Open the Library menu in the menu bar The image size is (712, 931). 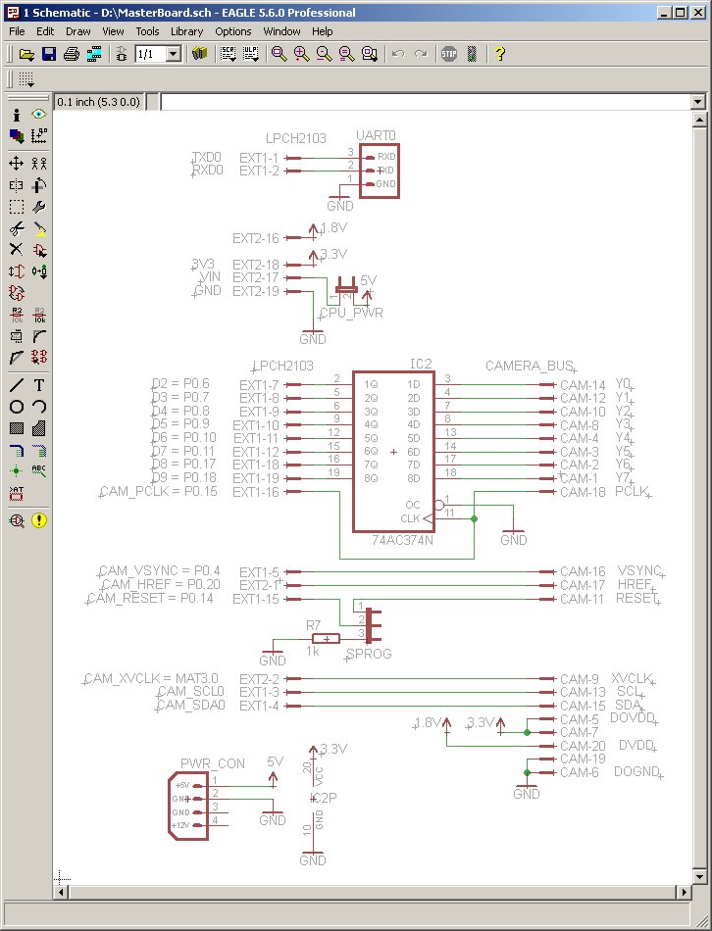tap(186, 31)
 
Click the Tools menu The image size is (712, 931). tap(147, 31)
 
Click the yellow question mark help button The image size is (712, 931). tap(499, 54)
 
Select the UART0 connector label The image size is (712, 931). tap(377, 135)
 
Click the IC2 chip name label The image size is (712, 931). tap(421, 365)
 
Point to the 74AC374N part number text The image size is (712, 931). tap(401, 540)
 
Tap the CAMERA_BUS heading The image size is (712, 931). tap(529, 366)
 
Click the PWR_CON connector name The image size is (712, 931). tap(212, 764)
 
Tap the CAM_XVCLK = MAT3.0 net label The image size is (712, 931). tap(151, 678)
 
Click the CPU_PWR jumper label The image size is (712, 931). tap(351, 314)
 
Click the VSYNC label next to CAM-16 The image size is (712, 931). tap(638, 571)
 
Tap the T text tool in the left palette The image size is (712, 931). tap(39, 385)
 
